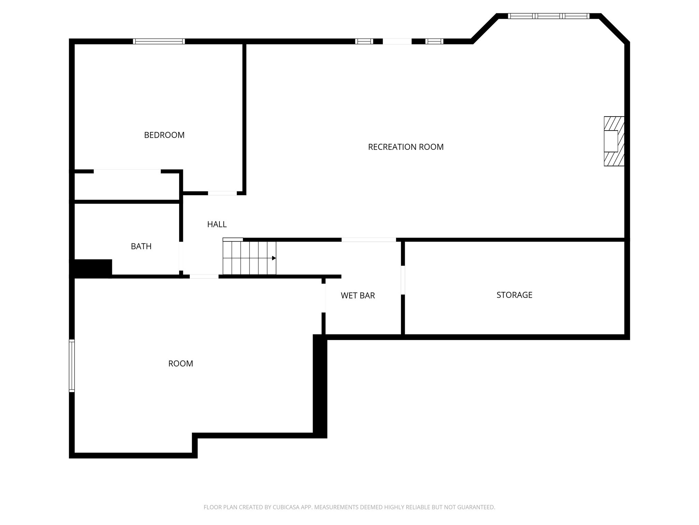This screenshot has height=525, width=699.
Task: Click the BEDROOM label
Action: (164, 135)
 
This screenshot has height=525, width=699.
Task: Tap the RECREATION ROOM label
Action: (405, 147)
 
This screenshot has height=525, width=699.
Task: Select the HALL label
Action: (217, 224)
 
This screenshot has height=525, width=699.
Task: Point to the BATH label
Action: (141, 246)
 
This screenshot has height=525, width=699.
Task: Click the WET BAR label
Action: (358, 296)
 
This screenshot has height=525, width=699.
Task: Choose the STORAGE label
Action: (514, 295)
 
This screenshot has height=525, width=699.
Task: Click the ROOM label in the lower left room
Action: (181, 364)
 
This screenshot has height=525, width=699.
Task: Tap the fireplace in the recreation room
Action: (613, 141)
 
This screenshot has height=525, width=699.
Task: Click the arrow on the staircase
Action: (273, 258)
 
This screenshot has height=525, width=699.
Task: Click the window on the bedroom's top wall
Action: (159, 41)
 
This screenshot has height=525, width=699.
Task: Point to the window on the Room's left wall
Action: (72, 365)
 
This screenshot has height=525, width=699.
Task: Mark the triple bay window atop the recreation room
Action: (548, 16)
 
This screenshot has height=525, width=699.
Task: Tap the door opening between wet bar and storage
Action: (403, 280)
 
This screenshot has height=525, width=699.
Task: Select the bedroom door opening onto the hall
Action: (222, 193)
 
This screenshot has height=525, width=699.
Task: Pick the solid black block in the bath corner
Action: (91, 268)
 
